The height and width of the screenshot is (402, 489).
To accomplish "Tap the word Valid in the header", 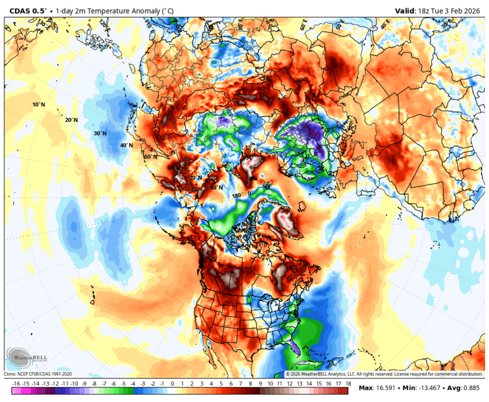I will pos(405,10).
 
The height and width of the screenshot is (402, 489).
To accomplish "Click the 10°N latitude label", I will pos(39,105).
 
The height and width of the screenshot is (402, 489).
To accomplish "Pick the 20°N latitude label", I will pos(71,120).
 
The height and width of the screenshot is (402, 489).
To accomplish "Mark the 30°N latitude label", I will pos(100,133).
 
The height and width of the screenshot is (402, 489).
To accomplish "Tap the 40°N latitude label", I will pos(126,145).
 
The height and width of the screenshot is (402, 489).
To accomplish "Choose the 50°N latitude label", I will pos(151,157).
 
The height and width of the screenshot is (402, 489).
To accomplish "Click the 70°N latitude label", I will pos(196,178).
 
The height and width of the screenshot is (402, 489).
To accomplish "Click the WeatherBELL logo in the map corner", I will pos(20,358).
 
